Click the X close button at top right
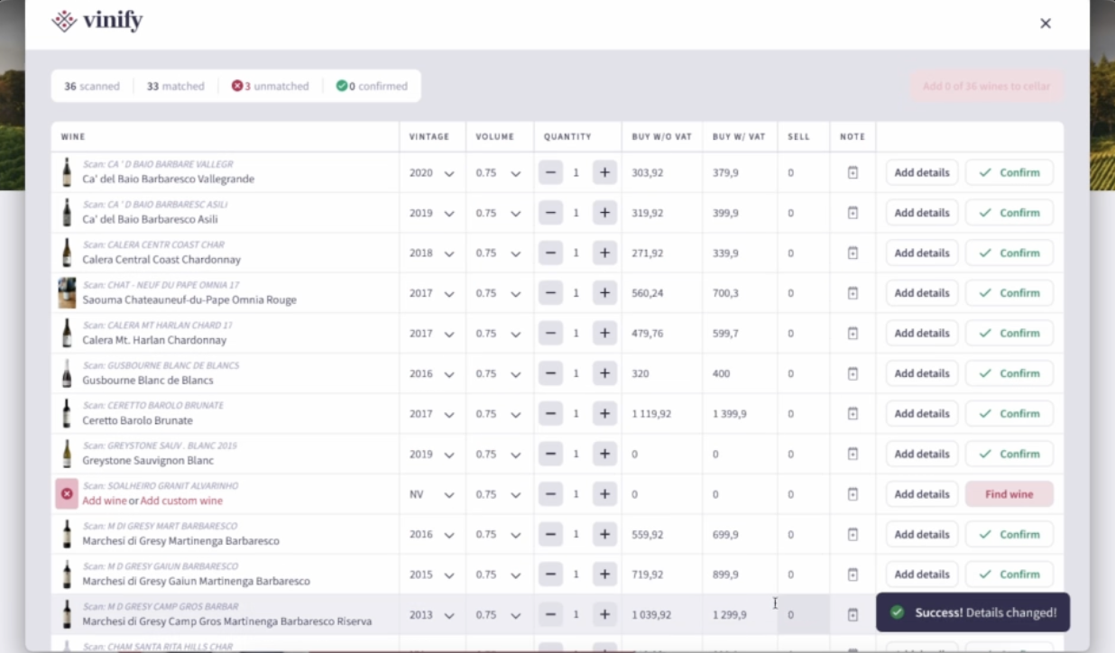click(x=1046, y=23)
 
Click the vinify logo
click(x=97, y=21)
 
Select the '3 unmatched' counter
click(x=270, y=87)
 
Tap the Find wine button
click(x=1009, y=494)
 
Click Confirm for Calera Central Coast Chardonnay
click(x=1009, y=253)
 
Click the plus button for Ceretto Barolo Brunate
click(x=604, y=414)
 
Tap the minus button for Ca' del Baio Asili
click(x=550, y=214)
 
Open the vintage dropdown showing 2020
click(x=431, y=173)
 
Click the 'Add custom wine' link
click(x=181, y=501)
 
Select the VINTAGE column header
click(x=428, y=137)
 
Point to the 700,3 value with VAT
click(x=725, y=293)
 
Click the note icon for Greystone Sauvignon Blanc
click(x=852, y=454)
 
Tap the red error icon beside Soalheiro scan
click(x=67, y=494)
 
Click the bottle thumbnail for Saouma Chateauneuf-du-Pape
click(x=67, y=293)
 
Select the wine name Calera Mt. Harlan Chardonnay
click(x=154, y=340)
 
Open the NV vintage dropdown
click(x=431, y=494)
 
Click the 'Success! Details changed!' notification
click(x=972, y=612)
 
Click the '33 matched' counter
click(x=175, y=87)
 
